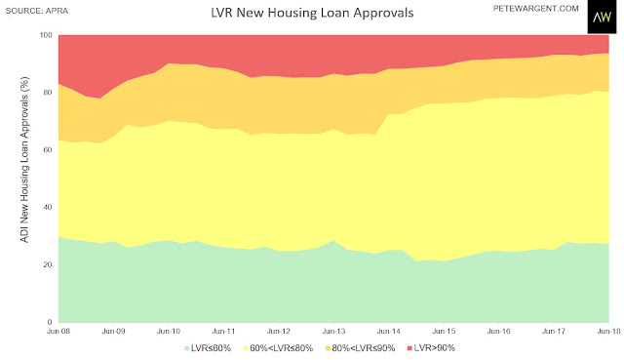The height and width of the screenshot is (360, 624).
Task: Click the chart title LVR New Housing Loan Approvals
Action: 312,13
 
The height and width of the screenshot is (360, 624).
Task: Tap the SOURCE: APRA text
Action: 37,11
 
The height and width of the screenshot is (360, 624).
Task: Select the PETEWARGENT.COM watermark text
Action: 535,9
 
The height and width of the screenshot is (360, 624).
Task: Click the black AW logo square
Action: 602,17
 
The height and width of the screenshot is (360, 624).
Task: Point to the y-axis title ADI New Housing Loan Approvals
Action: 24,159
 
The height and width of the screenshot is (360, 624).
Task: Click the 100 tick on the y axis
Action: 46,35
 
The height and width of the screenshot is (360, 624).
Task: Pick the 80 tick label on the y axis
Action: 48,93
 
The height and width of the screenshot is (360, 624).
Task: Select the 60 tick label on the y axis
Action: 48,149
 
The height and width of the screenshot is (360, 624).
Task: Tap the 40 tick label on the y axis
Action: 48,207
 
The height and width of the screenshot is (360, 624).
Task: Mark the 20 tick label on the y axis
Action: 48,264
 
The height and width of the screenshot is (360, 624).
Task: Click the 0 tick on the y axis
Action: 50,322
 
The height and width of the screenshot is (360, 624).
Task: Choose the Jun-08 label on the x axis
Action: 58,331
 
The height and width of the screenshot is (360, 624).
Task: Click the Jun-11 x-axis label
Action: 223,331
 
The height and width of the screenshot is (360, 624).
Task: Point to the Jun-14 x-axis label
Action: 389,331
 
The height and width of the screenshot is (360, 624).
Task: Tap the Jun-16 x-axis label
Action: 498,331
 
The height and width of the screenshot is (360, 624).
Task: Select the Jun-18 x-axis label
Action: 608,331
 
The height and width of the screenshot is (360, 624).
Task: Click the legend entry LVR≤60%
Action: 208,348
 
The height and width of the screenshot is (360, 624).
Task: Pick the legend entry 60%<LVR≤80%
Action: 278,348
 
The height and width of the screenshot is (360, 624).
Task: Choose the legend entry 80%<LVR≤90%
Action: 360,348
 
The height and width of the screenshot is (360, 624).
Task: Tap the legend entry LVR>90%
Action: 431,348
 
